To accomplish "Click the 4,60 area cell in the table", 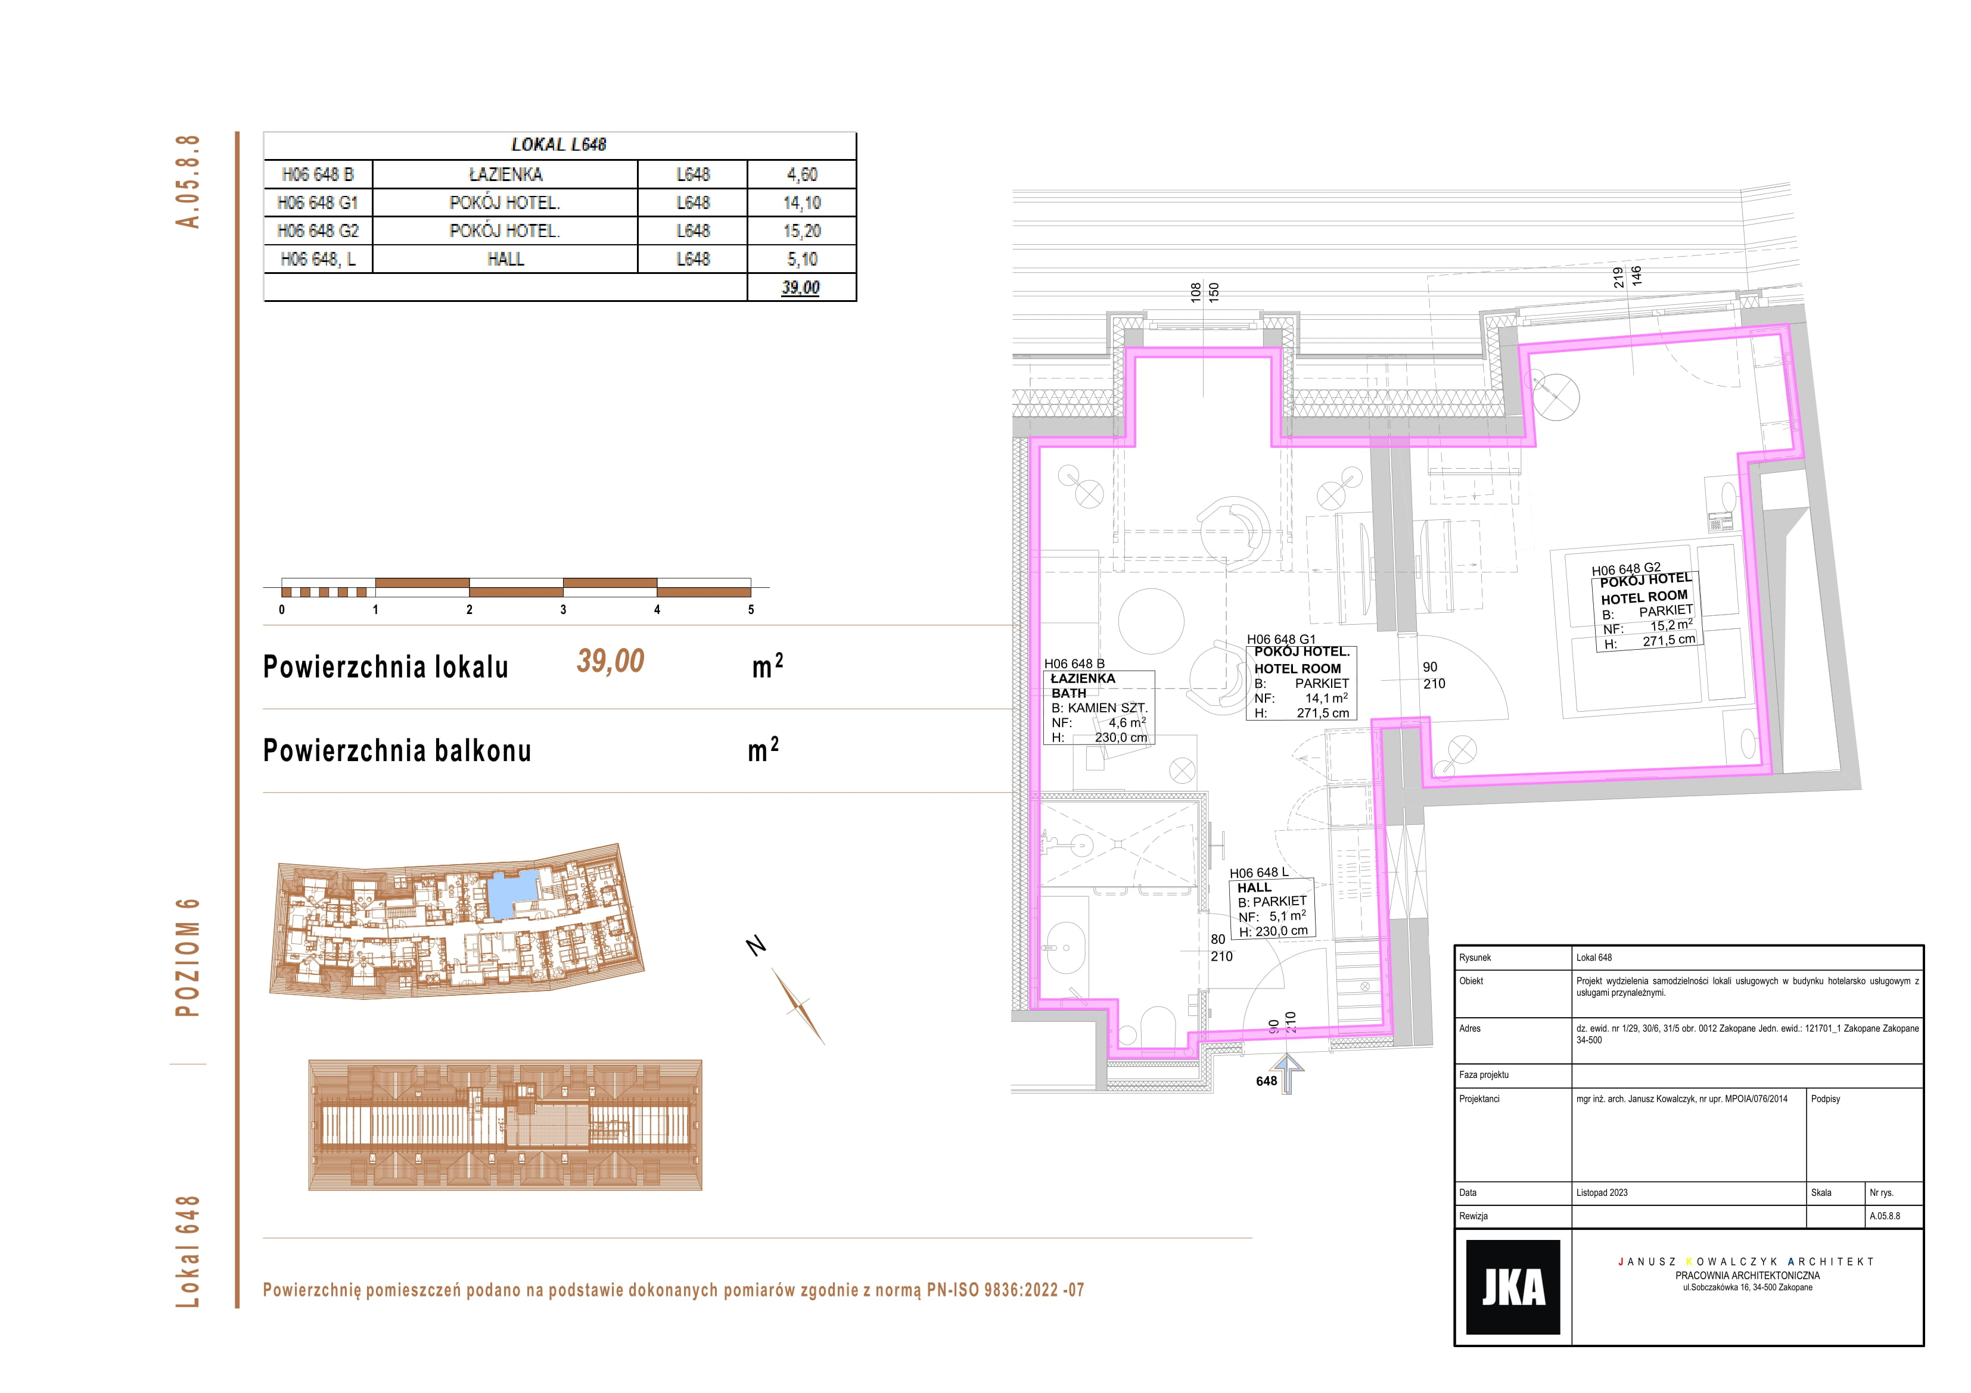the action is (802, 174).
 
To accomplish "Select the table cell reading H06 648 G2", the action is (318, 231).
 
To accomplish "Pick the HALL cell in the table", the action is (506, 259).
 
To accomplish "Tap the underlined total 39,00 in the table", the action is (801, 288).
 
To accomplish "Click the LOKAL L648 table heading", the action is (559, 145).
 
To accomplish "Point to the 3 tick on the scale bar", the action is (563, 609).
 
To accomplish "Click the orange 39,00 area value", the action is (610, 661).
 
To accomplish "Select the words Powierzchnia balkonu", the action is (397, 750).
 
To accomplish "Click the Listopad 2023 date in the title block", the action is (1602, 1192).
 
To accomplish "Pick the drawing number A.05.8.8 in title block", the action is (1885, 1216).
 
